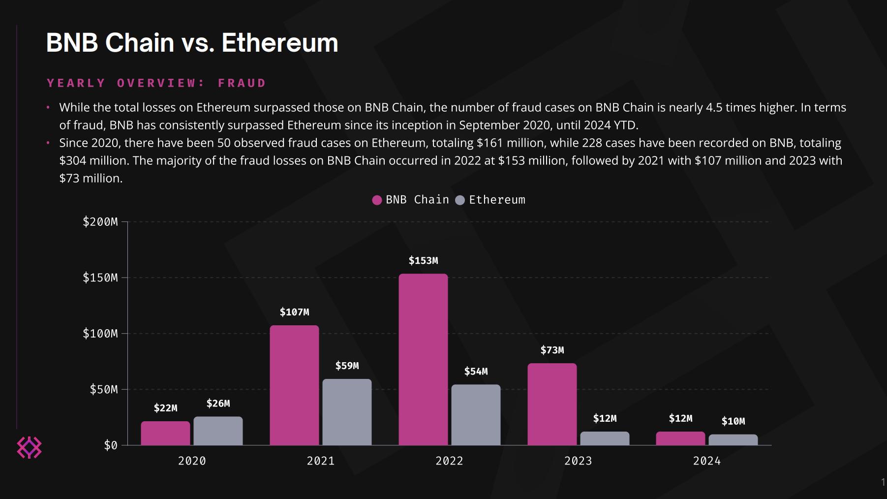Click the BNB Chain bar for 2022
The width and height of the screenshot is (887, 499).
click(423, 359)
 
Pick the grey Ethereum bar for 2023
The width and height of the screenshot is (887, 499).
click(605, 438)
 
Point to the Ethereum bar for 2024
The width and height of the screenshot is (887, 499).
click(733, 440)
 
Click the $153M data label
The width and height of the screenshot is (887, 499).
click(423, 260)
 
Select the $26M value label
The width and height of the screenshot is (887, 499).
click(218, 404)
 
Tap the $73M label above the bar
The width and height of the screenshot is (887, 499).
click(552, 350)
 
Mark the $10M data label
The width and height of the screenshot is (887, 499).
click(733, 421)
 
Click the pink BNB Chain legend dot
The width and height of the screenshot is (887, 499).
click(377, 200)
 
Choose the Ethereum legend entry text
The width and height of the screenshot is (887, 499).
click(497, 200)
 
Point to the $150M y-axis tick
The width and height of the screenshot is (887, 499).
click(100, 278)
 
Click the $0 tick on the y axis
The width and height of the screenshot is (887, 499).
click(111, 445)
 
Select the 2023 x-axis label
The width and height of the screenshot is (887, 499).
click(578, 461)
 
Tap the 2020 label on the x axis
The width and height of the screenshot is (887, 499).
click(192, 461)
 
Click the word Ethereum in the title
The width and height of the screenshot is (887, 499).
click(279, 43)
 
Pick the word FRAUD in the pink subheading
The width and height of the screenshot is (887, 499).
click(242, 83)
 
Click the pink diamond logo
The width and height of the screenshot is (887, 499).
click(29, 447)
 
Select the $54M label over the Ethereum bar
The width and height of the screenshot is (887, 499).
click(476, 372)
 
